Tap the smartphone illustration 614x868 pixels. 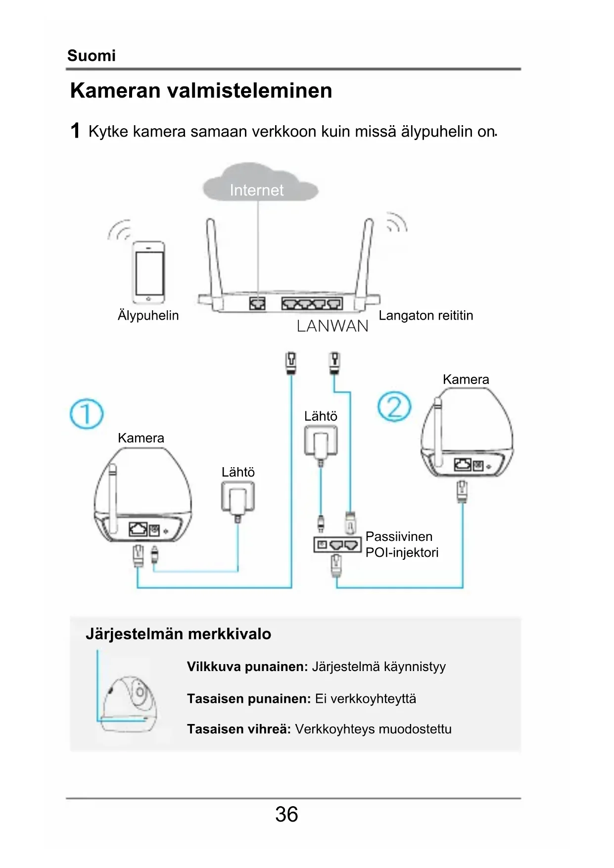click(x=149, y=272)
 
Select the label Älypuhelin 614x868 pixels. click(x=148, y=315)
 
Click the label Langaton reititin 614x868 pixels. click(x=425, y=315)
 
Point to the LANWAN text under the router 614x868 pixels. click(x=332, y=326)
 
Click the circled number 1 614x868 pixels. click(x=87, y=414)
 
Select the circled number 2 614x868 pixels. click(x=394, y=407)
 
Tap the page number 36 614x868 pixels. click(x=286, y=814)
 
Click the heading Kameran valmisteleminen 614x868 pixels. click(x=201, y=91)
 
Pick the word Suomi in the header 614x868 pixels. click(x=92, y=55)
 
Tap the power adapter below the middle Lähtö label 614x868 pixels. click(x=321, y=441)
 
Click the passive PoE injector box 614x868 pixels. click(x=337, y=545)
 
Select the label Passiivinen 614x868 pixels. click(x=399, y=536)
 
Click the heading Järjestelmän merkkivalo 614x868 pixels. click(x=178, y=634)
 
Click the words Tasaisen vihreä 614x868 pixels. click(x=238, y=729)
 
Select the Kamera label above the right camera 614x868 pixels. click(x=466, y=380)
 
